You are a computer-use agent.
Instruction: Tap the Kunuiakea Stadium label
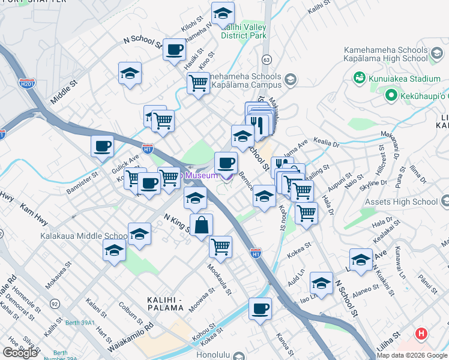click(x=406, y=78)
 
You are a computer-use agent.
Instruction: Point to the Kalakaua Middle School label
click(x=84, y=236)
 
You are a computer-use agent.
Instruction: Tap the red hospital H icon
click(x=422, y=334)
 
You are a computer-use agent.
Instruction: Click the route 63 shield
click(x=267, y=59)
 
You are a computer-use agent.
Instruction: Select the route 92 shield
click(x=55, y=304)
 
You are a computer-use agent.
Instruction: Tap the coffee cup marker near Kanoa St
click(x=260, y=308)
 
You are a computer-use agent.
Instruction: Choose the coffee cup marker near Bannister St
click(x=102, y=145)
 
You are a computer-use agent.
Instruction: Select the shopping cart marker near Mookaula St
click(x=221, y=245)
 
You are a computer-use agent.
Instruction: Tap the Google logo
click(x=19, y=353)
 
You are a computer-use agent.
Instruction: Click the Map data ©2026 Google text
click(x=412, y=355)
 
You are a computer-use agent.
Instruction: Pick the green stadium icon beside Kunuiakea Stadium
click(x=360, y=78)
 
